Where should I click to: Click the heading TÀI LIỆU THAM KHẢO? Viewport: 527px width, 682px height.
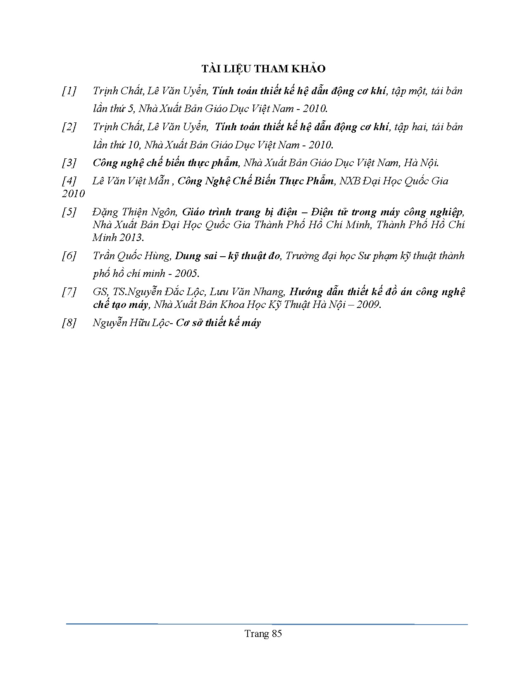click(263, 69)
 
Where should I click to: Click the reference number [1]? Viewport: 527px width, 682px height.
click(69, 91)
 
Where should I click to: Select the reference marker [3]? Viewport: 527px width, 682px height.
click(69, 163)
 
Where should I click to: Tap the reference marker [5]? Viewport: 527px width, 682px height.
click(69, 212)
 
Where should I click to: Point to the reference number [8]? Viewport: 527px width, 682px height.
click(69, 323)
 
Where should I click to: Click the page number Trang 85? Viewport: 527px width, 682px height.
click(263, 634)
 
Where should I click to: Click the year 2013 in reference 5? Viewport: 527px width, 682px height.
click(131, 238)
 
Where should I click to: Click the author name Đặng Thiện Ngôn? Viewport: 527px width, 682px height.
click(134, 212)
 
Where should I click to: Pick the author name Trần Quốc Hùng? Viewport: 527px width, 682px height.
click(131, 256)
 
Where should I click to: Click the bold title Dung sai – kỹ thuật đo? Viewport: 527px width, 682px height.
click(228, 256)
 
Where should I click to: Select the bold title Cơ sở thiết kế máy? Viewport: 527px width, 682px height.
click(219, 323)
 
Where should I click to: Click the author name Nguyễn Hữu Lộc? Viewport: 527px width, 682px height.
click(131, 323)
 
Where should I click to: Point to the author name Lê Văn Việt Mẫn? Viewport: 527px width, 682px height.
click(131, 181)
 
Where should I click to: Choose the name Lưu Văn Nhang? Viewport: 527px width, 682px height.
click(247, 292)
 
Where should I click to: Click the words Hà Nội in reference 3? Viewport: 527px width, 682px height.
click(420, 163)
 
